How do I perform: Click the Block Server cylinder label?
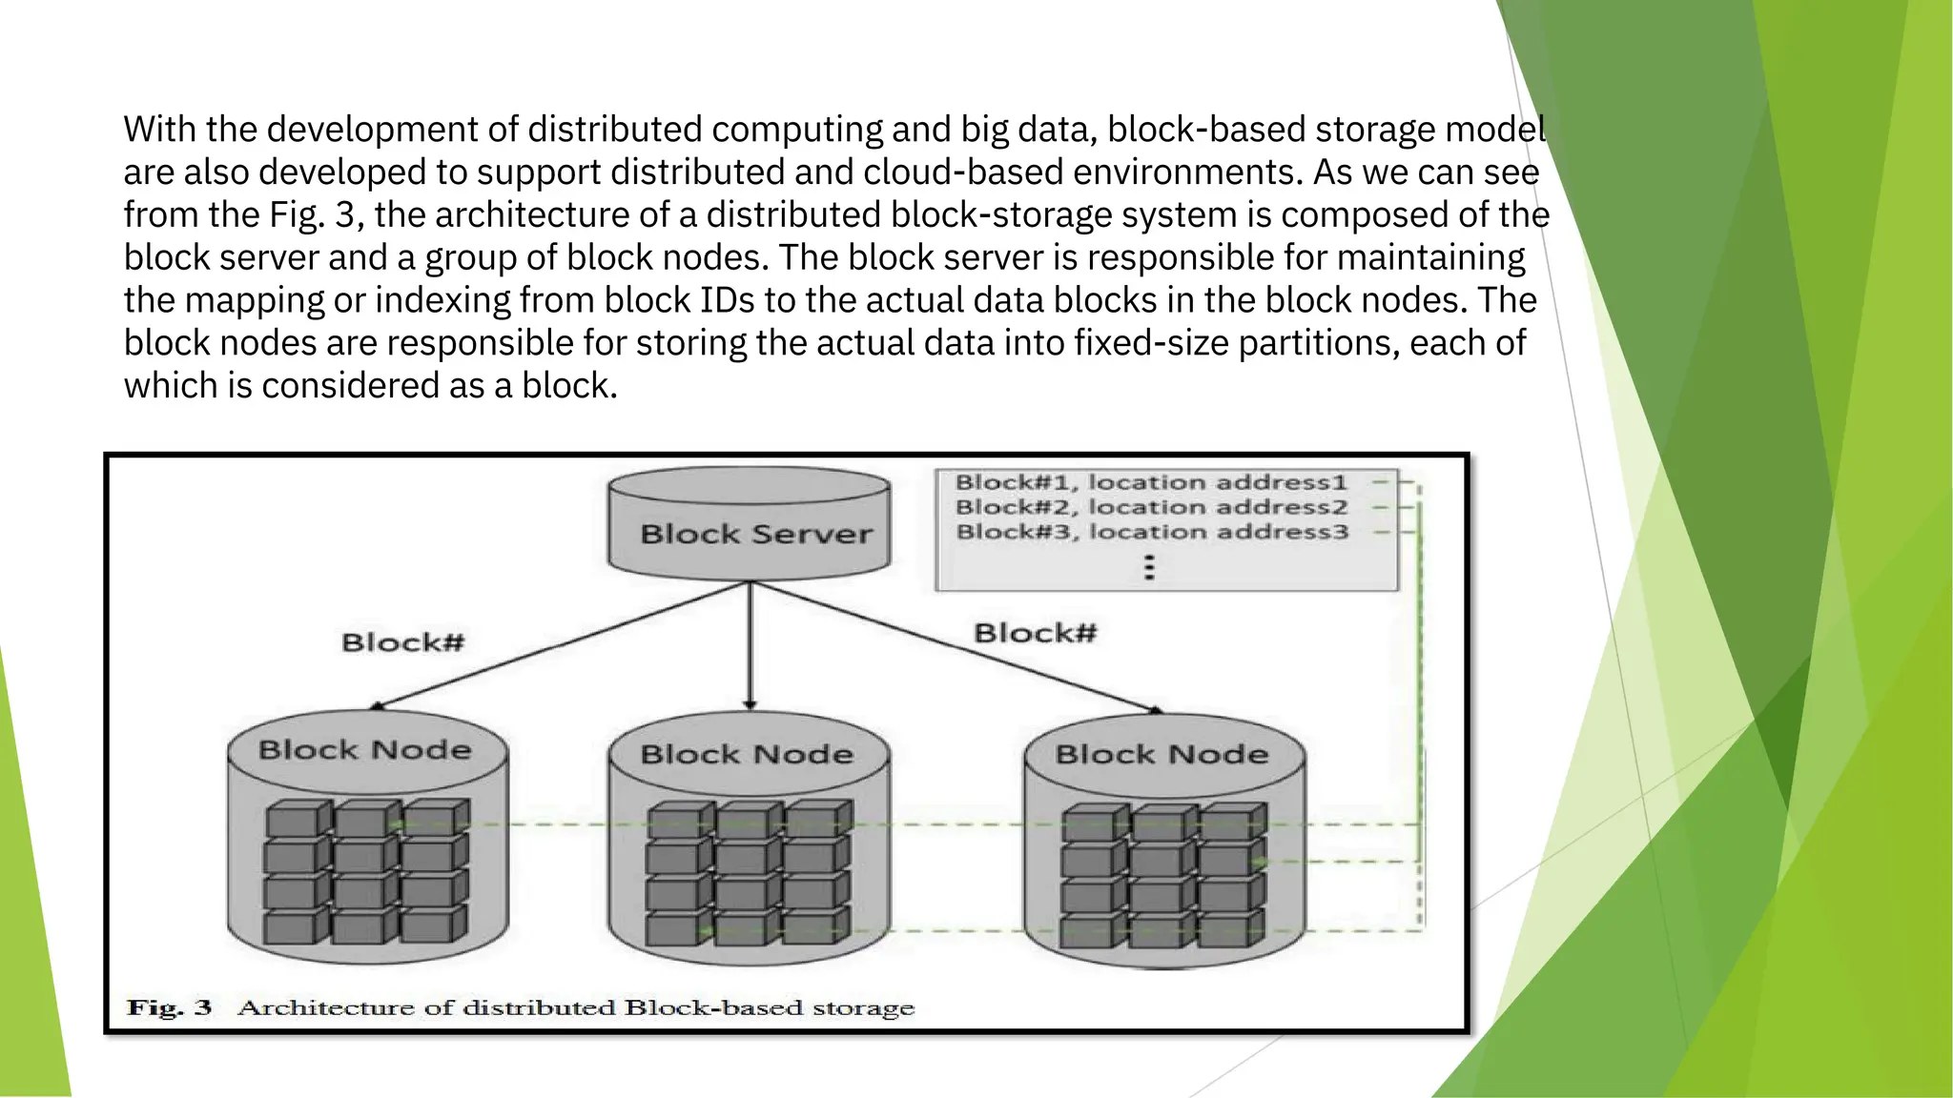click(755, 534)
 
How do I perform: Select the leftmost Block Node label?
click(364, 750)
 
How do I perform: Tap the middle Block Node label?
click(747, 755)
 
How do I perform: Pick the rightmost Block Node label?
click(1162, 755)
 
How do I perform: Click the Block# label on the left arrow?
click(402, 642)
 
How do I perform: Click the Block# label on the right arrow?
click(1035, 633)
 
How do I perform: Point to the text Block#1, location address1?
click(1151, 483)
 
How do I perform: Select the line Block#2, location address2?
click(1151, 508)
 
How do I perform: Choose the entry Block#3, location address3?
click(1151, 532)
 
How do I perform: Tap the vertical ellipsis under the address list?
click(1149, 568)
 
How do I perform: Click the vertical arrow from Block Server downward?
click(750, 648)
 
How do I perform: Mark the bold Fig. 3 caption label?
click(170, 1007)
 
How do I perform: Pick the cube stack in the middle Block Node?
click(749, 874)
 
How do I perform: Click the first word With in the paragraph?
click(159, 129)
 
